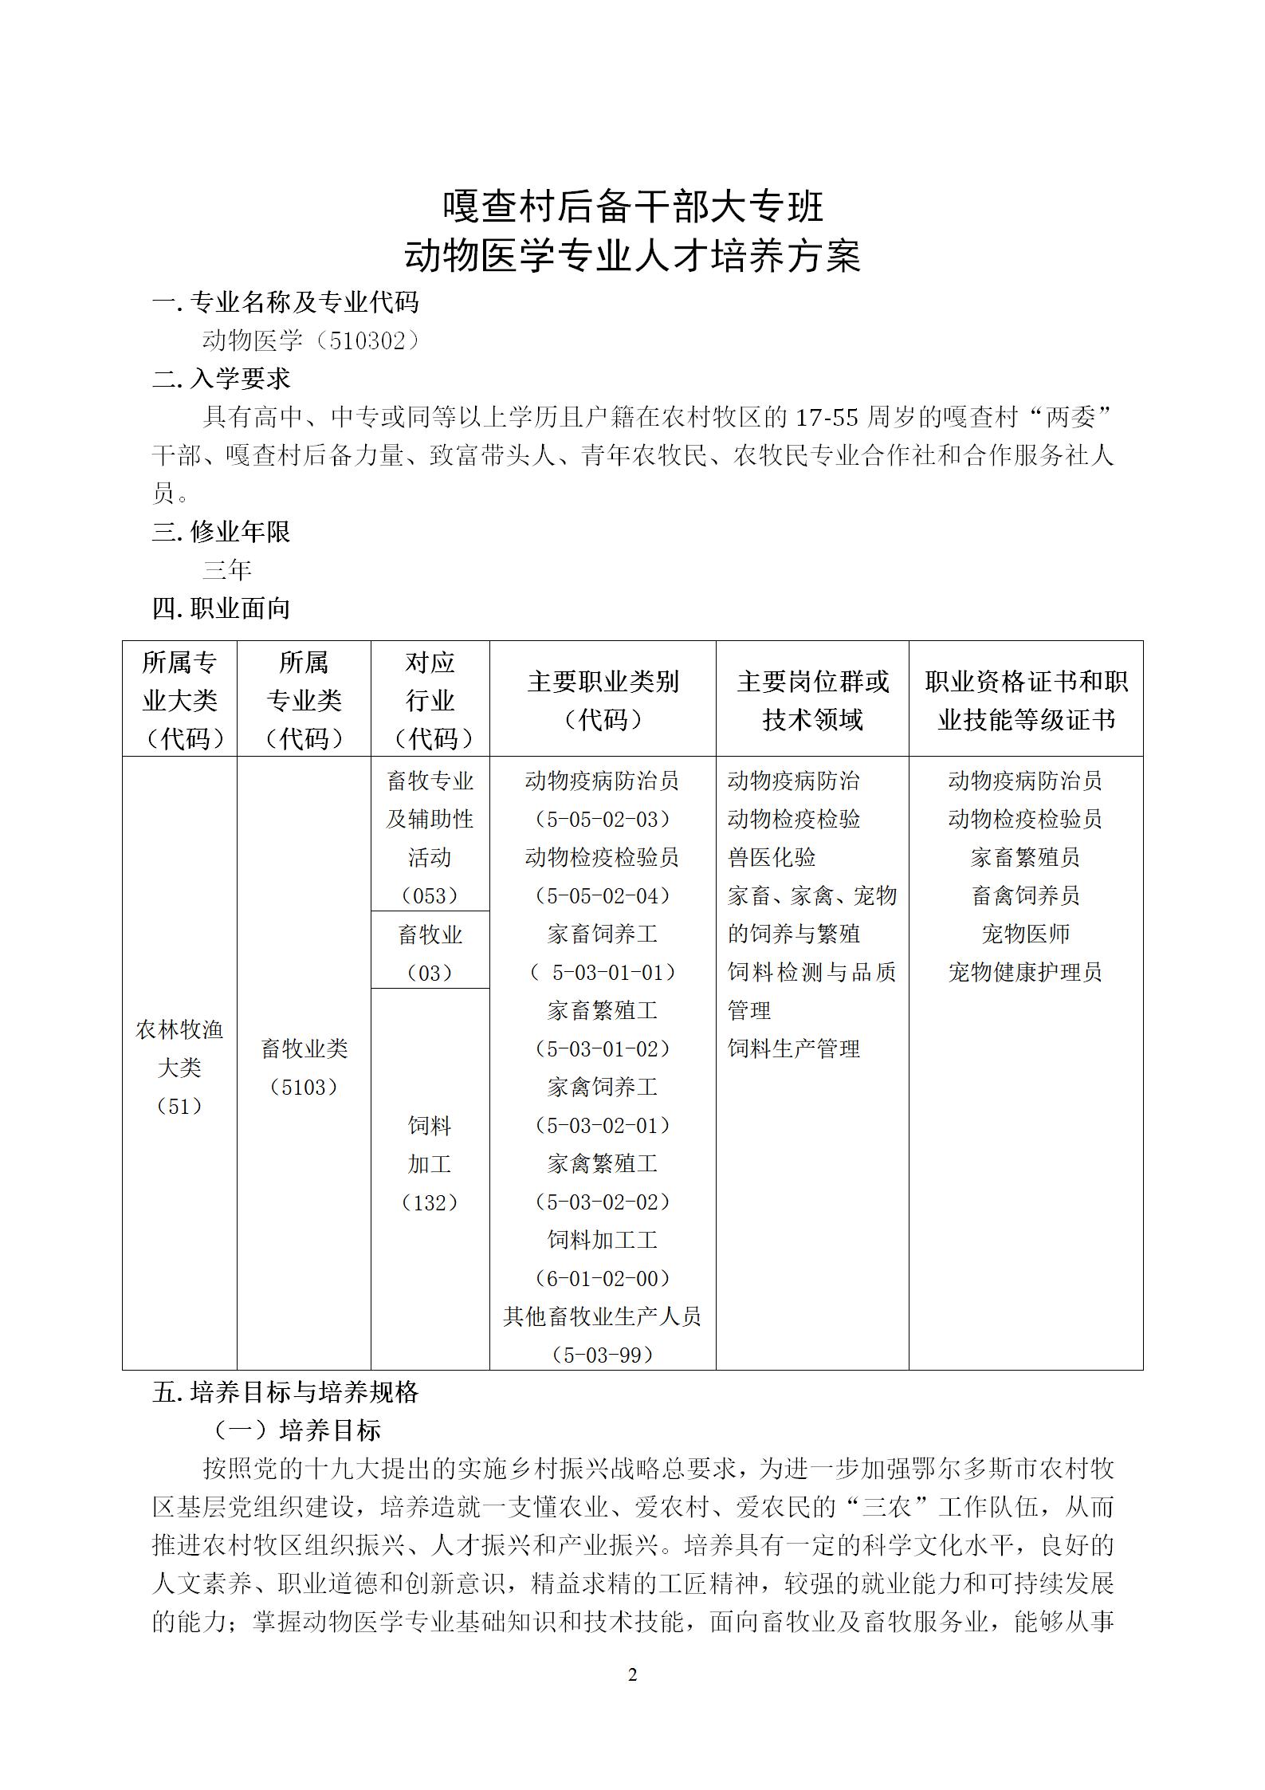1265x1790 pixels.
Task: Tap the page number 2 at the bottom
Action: (x=633, y=1675)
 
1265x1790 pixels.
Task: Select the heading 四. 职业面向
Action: (x=221, y=608)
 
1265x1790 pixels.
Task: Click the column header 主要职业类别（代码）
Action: (x=603, y=700)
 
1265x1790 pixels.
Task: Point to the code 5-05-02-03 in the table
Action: (x=603, y=819)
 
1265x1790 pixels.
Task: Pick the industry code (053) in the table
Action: (x=430, y=895)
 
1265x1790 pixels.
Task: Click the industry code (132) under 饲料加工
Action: (x=430, y=1202)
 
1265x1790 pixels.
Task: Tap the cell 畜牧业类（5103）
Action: (x=304, y=1068)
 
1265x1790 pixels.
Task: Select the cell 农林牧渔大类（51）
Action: (x=179, y=1068)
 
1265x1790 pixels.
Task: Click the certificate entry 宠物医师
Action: (x=1025, y=934)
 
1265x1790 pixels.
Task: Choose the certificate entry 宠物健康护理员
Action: (x=1025, y=972)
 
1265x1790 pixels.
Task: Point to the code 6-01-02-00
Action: (x=603, y=1278)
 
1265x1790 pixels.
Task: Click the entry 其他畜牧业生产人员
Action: (x=603, y=1316)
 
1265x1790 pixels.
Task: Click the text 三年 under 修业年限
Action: (x=227, y=570)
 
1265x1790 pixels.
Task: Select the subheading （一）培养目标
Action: (x=297, y=1430)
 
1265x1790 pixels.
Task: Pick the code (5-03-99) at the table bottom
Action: (x=603, y=1355)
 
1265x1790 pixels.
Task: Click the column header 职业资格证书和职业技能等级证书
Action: (x=1026, y=700)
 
